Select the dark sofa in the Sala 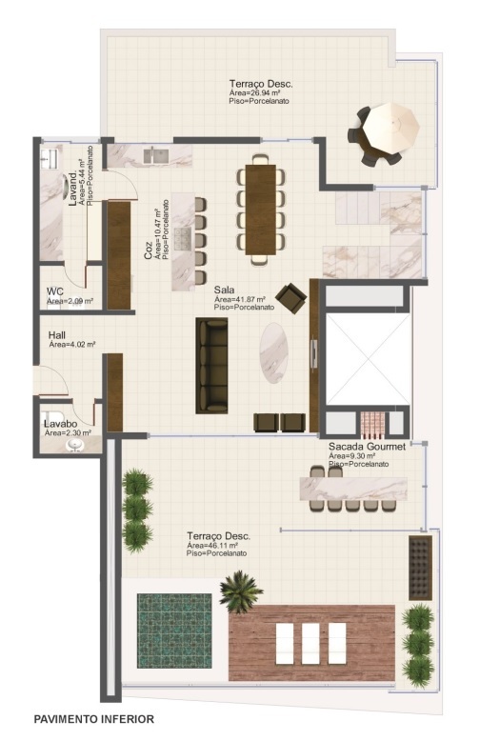pos(211,366)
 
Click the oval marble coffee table pos(274,352)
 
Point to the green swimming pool pos(173,631)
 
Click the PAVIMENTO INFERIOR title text pos(93,719)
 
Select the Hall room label pos(58,335)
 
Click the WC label pos(55,291)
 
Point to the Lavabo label pos(60,424)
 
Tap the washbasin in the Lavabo pos(72,443)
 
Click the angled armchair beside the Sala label pos(291,298)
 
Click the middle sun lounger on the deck pos(311,644)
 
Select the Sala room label pos(224,290)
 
